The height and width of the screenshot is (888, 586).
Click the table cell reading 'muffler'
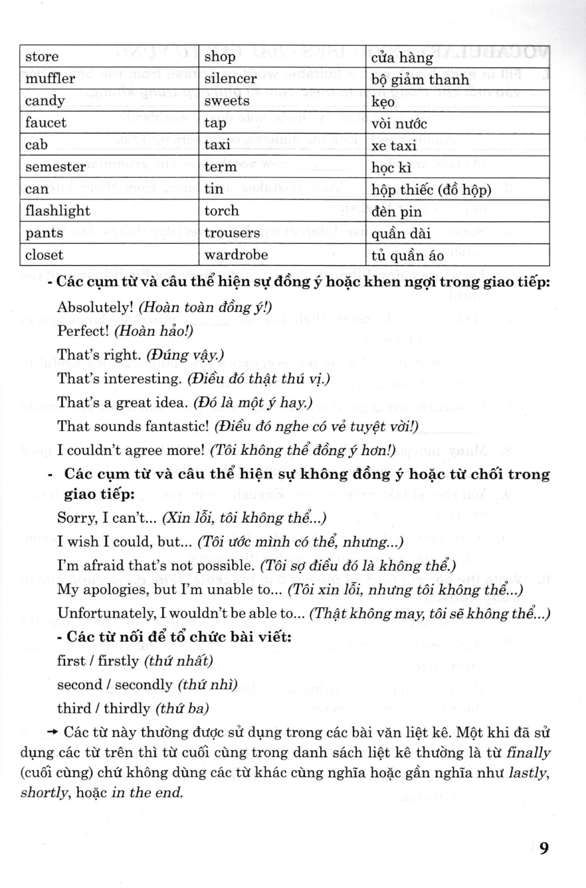coord(50,79)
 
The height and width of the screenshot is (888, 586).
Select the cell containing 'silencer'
coord(230,79)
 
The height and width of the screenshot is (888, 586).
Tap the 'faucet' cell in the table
coord(46,123)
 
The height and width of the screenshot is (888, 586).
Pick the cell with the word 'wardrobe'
coord(236,255)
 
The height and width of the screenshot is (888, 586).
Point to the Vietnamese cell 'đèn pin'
coord(397,212)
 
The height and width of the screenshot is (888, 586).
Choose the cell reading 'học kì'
coord(391,168)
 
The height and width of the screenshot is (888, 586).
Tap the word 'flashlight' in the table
coord(57,211)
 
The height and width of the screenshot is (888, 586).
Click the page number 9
coord(543,848)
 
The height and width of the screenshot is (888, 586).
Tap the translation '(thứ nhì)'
coord(207,685)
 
